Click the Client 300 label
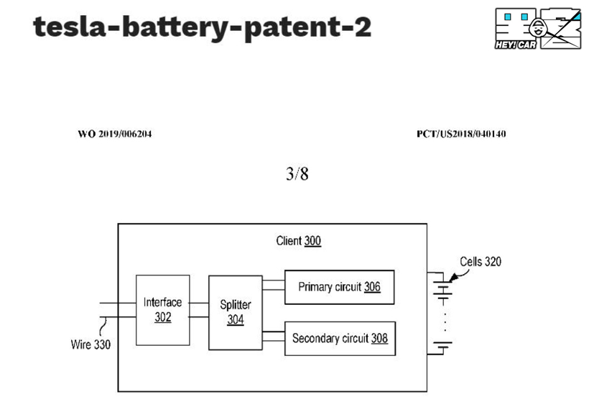299,241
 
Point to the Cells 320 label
481,261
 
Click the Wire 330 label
91,344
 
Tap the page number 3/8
297,174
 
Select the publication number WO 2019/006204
115,134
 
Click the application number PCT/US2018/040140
461,134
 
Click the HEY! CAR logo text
516,45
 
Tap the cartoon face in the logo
538,28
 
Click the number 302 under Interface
163,317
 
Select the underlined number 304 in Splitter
236,319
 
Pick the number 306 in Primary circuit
372,287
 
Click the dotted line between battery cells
445,321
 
